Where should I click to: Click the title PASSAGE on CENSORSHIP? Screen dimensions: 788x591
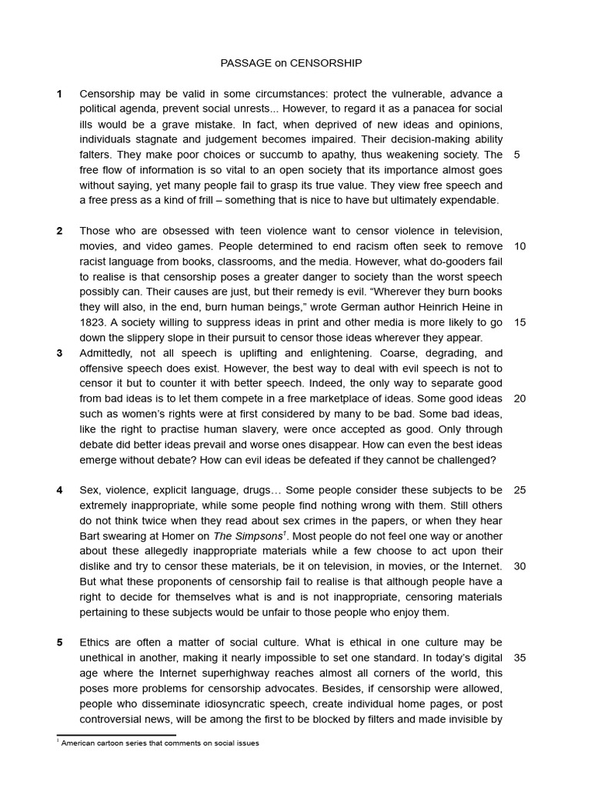(x=291, y=63)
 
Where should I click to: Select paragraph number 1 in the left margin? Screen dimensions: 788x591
(x=59, y=94)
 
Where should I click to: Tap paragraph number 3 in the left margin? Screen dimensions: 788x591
(x=59, y=353)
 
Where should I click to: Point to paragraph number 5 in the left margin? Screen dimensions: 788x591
(x=59, y=643)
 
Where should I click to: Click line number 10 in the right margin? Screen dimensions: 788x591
(x=519, y=246)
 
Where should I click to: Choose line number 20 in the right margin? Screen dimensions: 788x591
(x=519, y=399)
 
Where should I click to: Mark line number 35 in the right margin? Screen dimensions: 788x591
(x=519, y=658)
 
